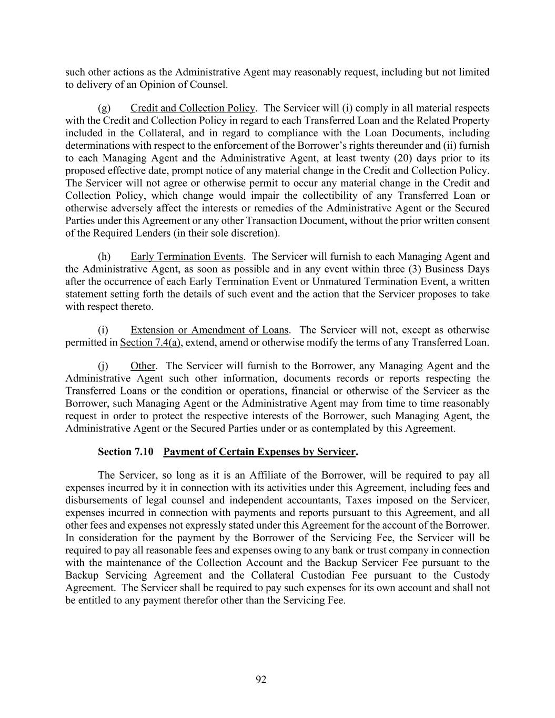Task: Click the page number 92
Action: [x=261, y=680]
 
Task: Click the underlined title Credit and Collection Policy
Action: [x=193, y=108]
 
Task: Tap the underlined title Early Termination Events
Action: [x=187, y=257]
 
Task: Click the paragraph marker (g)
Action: [x=104, y=108]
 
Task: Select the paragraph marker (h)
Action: [x=104, y=257]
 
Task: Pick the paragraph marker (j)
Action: [x=104, y=366]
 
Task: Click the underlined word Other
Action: [x=143, y=366]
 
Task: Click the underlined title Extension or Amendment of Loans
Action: [x=209, y=330]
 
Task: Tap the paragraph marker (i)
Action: [x=103, y=330]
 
